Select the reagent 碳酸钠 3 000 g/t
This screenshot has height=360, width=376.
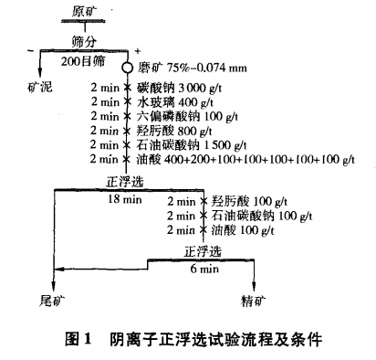coord(178,87)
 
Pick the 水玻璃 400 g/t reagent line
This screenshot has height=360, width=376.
coord(173,101)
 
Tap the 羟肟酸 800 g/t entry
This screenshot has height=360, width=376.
coord(173,131)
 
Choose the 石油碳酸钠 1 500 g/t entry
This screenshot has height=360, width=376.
coord(189,145)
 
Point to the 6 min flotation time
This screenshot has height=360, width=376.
coord(203,270)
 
